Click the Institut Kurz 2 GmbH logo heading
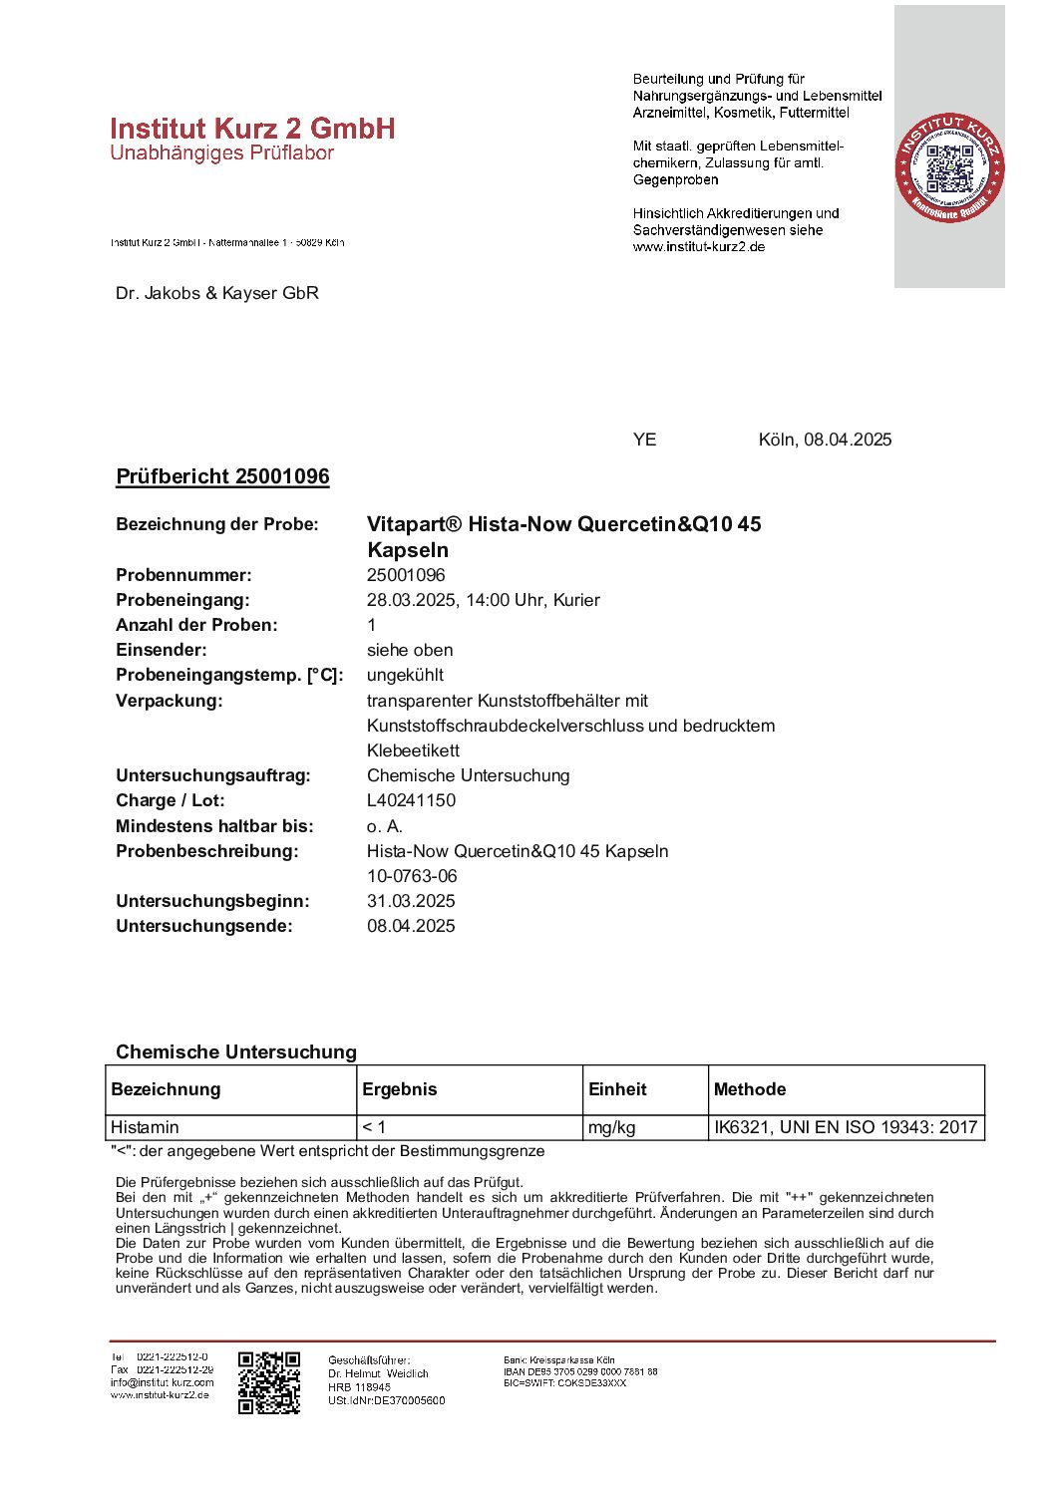[252, 129]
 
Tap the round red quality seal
[949, 167]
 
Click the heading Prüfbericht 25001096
[222, 476]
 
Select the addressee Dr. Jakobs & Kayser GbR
[217, 293]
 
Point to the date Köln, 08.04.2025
[825, 440]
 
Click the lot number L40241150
[411, 800]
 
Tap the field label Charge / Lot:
[171, 800]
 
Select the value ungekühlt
[405, 675]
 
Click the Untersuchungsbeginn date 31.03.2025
[411, 901]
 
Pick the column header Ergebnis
[400, 1089]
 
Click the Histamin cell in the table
[146, 1127]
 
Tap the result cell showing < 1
[374, 1127]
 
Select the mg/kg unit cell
[612, 1127]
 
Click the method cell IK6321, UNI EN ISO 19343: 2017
[846, 1127]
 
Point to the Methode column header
[750, 1089]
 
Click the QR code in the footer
[269, 1382]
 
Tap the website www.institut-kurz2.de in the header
[699, 247]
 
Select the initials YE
[644, 440]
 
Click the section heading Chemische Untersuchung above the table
[236, 1051]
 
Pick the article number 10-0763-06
[412, 876]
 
